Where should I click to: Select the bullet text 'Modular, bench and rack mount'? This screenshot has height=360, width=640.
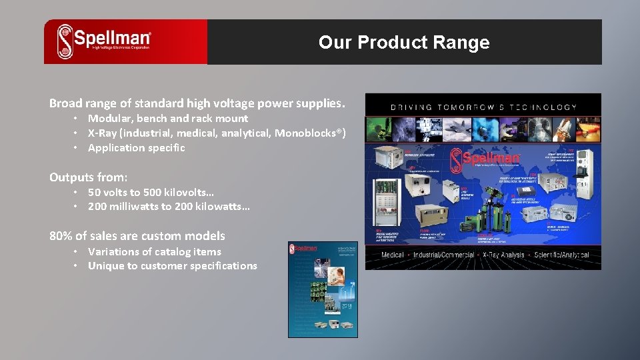point(168,119)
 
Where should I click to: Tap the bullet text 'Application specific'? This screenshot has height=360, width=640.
point(136,148)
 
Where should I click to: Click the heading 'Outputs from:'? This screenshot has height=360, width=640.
point(88,177)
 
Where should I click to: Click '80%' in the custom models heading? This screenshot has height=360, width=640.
point(61,236)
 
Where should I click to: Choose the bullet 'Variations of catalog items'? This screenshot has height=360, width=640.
point(154,251)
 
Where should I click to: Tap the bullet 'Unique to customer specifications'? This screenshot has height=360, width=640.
point(172,266)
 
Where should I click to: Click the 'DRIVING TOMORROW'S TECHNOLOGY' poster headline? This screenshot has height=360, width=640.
point(483,107)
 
